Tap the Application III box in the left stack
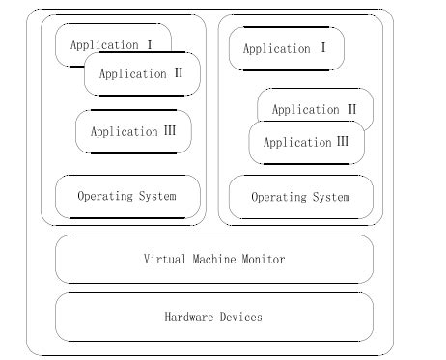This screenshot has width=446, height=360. (x=133, y=132)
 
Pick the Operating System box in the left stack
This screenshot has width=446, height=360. (x=127, y=197)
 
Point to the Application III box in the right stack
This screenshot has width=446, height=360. (x=306, y=143)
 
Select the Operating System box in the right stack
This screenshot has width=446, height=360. (x=300, y=198)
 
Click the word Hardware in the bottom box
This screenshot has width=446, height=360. (x=188, y=317)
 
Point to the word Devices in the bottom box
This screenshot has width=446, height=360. (x=240, y=317)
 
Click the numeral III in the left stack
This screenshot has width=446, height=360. (x=169, y=132)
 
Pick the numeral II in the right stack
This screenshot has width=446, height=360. (x=350, y=110)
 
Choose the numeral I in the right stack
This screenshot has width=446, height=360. (x=322, y=48)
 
